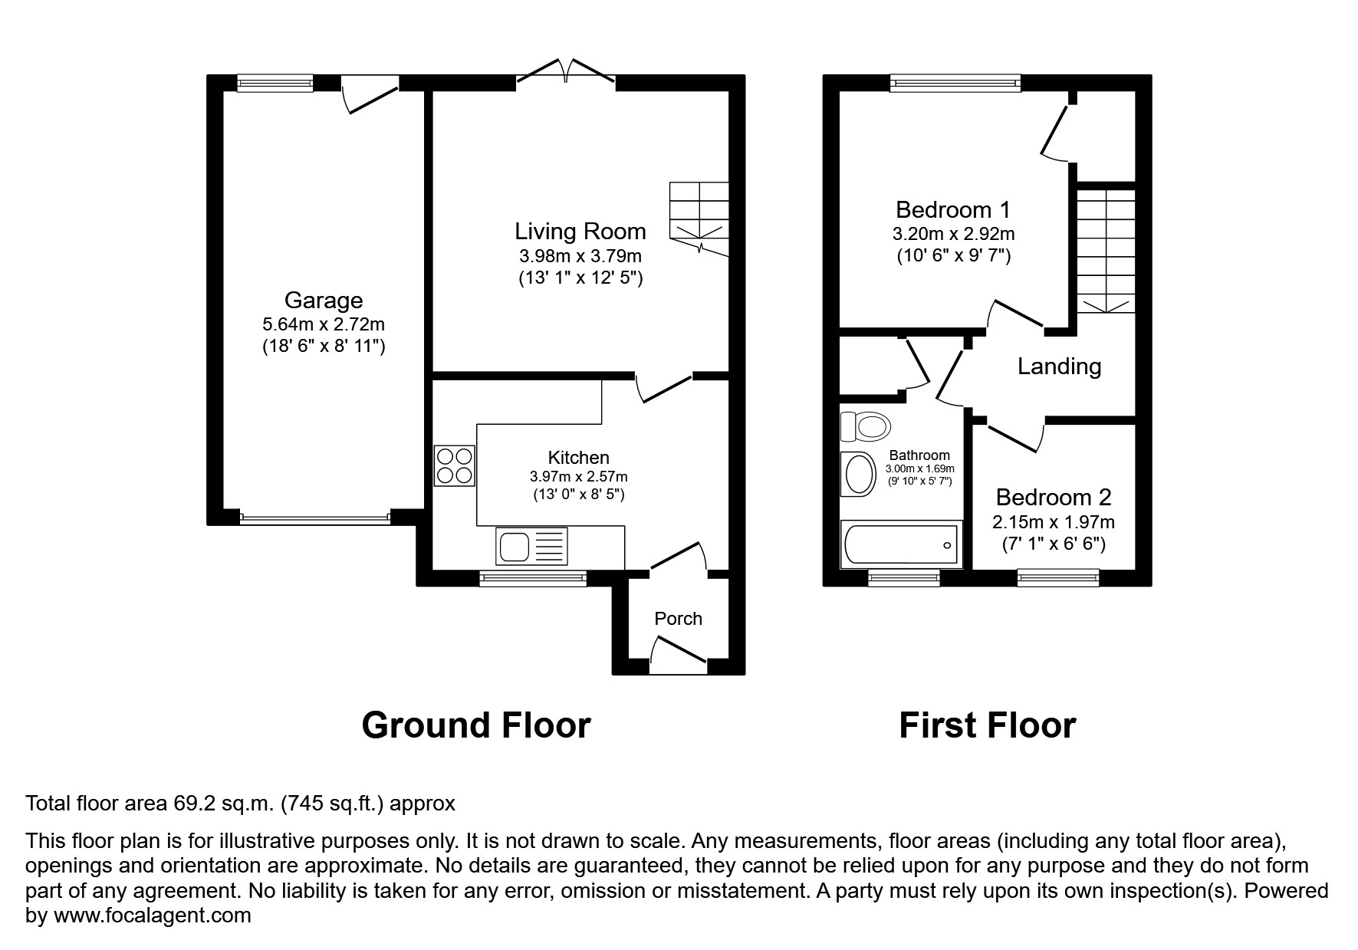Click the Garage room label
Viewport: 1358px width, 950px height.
[x=323, y=300]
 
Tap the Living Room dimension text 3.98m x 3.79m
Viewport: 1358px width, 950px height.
[x=580, y=255]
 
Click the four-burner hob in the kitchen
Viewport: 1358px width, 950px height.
[x=454, y=466]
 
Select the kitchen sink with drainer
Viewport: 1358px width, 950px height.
[x=531, y=547]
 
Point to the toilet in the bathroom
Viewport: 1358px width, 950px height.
[x=864, y=426]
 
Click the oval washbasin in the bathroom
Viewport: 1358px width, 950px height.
[x=859, y=475]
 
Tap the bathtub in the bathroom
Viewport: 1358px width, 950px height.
[x=900, y=545]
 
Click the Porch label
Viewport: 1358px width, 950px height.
[x=678, y=619]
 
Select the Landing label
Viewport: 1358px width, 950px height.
[x=1059, y=367]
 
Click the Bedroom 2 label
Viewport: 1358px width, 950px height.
[x=1053, y=498]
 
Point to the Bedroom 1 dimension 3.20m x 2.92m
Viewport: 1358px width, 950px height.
[x=953, y=234]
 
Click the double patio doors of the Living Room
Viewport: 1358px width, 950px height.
[x=566, y=74]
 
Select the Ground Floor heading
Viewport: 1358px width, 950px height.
[x=475, y=725]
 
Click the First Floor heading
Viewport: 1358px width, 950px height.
[x=987, y=725]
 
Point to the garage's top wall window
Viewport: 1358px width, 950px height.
[x=275, y=83]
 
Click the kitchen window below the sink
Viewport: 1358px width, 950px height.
[x=533, y=580]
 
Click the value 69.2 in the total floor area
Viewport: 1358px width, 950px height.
[x=189, y=804]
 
